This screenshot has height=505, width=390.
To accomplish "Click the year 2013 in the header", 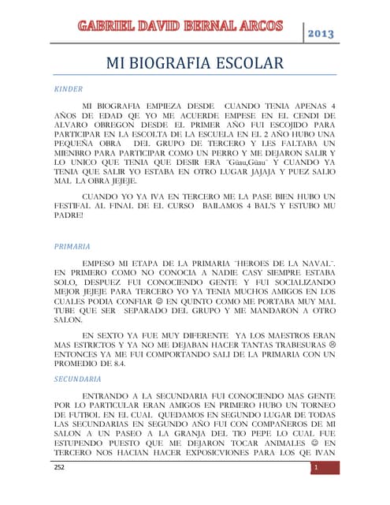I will point(321,34).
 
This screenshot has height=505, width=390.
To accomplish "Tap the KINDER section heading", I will point(69,88).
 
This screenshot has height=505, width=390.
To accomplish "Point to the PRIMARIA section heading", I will point(72,246).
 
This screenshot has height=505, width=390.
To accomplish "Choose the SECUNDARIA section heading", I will point(78,379).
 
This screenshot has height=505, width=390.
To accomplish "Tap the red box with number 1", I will point(315,468).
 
